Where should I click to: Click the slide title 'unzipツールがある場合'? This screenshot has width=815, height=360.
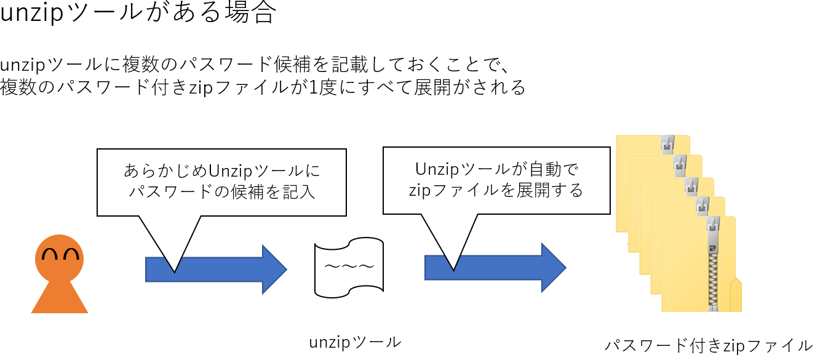[x=138, y=13]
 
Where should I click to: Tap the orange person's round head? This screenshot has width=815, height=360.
[x=59, y=259]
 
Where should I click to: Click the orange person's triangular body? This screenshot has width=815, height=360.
[x=60, y=297]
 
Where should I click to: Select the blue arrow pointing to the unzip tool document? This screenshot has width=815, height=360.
[x=216, y=270]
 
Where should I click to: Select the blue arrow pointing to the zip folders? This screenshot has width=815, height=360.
[x=495, y=268]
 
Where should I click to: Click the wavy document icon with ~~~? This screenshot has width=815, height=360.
[x=349, y=268]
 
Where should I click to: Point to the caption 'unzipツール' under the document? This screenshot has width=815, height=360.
[x=355, y=343]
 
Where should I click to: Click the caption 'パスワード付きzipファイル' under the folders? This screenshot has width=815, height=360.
[x=709, y=345]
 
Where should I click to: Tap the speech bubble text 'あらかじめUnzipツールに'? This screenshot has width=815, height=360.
[x=222, y=170]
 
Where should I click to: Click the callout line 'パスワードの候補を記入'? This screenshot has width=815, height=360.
[x=222, y=192]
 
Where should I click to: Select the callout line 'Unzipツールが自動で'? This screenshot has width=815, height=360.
[x=496, y=169]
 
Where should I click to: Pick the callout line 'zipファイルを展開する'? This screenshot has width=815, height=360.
[x=496, y=190]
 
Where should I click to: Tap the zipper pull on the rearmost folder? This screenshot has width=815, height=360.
[x=667, y=144]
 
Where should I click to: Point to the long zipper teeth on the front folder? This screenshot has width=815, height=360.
[x=713, y=282]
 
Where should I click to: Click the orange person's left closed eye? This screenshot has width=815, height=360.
[x=49, y=254]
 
